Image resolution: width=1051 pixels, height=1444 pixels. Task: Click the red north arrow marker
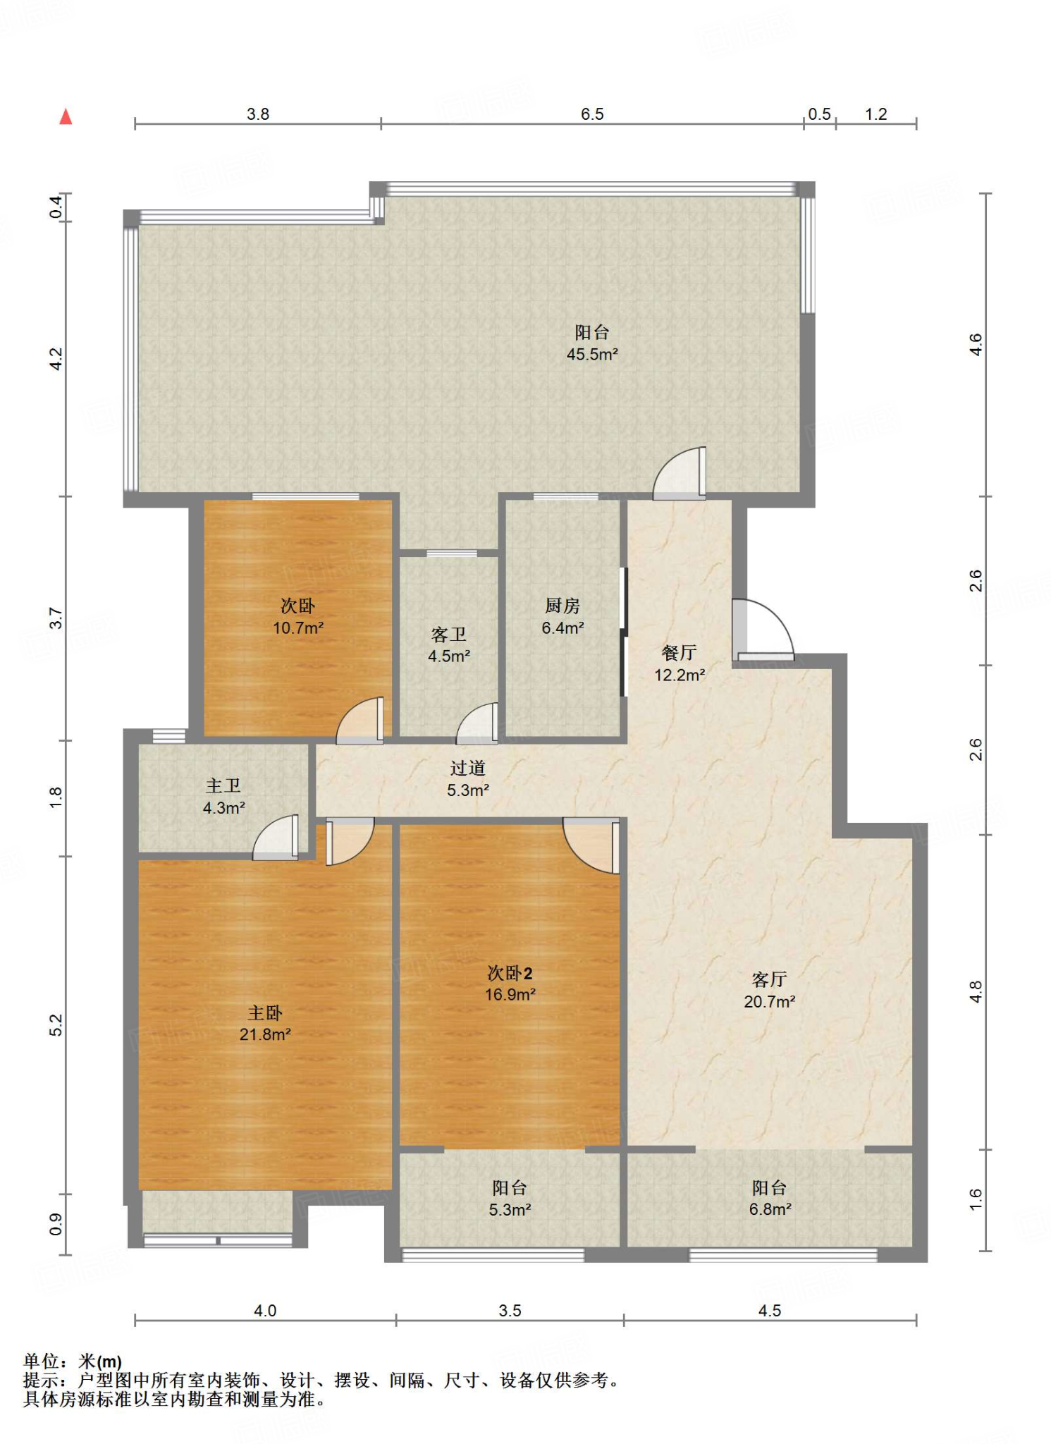point(66,116)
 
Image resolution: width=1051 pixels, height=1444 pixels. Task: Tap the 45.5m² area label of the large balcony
point(592,354)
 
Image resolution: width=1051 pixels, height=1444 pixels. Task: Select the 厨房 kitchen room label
point(563,605)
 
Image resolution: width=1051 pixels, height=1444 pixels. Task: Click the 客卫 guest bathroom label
point(449,635)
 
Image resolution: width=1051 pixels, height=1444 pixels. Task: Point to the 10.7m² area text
point(298,628)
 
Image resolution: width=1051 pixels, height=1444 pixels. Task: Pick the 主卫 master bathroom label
point(223,785)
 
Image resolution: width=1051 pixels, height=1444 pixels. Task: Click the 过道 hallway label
point(468,768)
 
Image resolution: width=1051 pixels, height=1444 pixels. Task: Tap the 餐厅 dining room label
point(680,652)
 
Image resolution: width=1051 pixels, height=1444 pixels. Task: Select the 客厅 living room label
point(770,979)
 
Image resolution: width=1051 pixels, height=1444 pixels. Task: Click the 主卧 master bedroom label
point(265,1012)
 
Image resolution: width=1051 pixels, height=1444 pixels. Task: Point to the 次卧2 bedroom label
point(510,973)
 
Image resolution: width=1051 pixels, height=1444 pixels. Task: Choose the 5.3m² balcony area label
point(510,1209)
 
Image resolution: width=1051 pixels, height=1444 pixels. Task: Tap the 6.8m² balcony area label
point(770,1209)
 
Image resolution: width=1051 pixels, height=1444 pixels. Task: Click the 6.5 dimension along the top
point(592,114)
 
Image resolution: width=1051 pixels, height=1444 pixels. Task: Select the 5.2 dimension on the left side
point(56,1024)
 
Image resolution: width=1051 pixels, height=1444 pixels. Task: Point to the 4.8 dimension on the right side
point(976,991)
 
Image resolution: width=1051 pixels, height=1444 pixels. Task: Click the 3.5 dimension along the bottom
point(510,1310)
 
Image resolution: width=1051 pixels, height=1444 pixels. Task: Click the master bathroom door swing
point(276,837)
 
